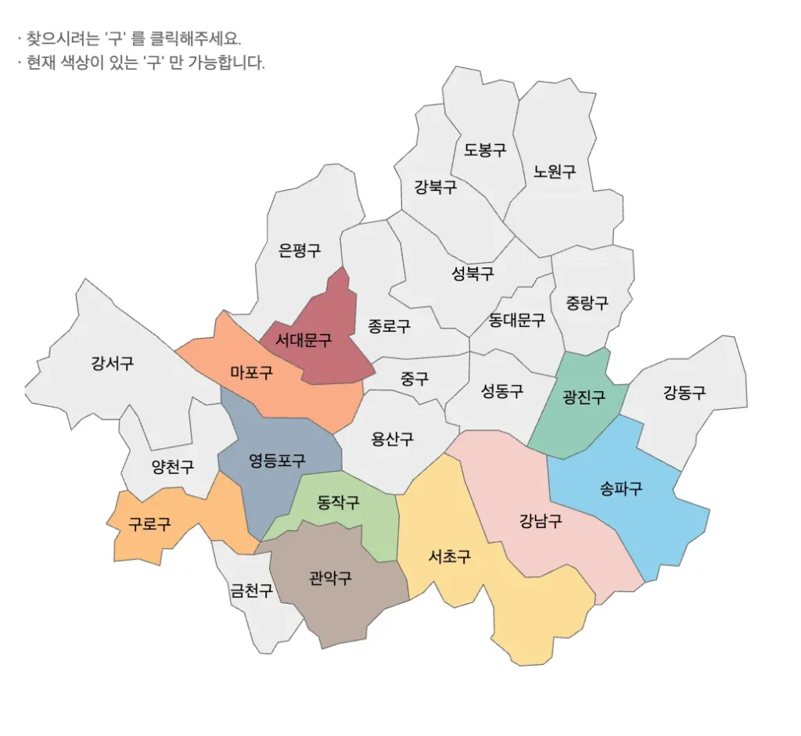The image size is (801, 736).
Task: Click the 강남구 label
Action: tap(541, 520)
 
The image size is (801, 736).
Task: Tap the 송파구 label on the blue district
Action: tap(621, 489)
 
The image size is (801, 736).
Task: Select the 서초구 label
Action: tap(450, 557)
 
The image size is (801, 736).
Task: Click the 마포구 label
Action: tap(252, 372)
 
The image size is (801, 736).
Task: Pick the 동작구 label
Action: tap(339, 502)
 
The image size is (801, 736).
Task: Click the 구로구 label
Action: tap(149, 524)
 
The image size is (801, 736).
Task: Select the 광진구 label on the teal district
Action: tap(584, 397)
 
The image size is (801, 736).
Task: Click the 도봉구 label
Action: tap(485, 150)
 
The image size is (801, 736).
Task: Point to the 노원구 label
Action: tap(555, 171)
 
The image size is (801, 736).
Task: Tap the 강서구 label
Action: tap(112, 363)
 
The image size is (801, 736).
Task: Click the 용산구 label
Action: tap(393, 439)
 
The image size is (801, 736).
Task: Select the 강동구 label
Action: tap(684, 393)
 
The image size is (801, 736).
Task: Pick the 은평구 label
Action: tap(300, 250)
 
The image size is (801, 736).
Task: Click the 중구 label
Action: tap(415, 379)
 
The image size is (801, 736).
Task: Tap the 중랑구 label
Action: tap(587, 303)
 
